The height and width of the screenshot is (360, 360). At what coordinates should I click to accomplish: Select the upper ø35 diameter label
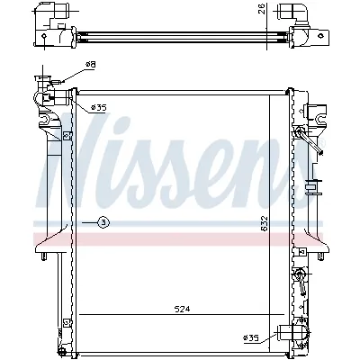click(98, 108)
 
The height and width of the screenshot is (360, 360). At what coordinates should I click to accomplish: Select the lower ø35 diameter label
click(252, 337)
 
